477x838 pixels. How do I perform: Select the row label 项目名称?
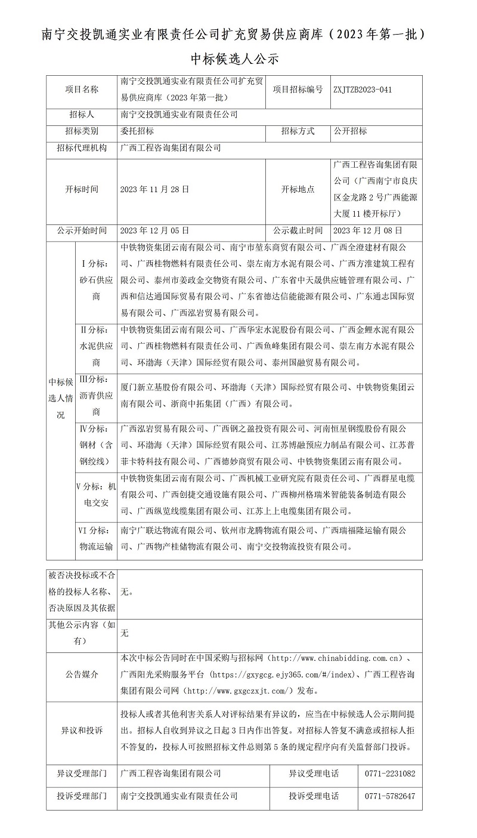[x=82, y=90]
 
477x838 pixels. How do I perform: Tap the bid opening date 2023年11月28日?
[x=154, y=189]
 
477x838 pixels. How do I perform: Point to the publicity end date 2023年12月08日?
[x=368, y=230]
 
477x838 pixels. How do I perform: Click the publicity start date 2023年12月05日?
[x=154, y=230]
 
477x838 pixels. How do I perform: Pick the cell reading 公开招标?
[x=350, y=131]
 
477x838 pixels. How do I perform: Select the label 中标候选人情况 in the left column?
[x=61, y=398]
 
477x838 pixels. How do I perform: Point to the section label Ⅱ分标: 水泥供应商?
[x=96, y=346]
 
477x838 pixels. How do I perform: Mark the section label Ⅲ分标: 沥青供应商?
[x=96, y=395]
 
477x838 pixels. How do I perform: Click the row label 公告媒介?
[x=82, y=674]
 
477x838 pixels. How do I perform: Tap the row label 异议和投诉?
[x=82, y=731]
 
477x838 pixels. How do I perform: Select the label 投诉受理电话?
[x=313, y=796]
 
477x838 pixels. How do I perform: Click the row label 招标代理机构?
[x=82, y=148]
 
